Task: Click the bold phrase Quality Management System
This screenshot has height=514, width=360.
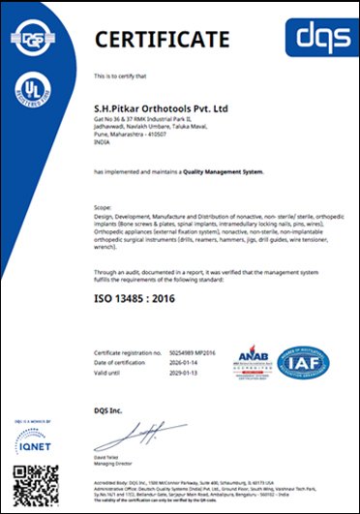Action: click(223, 171)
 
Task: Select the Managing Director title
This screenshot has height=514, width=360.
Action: click(115, 454)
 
